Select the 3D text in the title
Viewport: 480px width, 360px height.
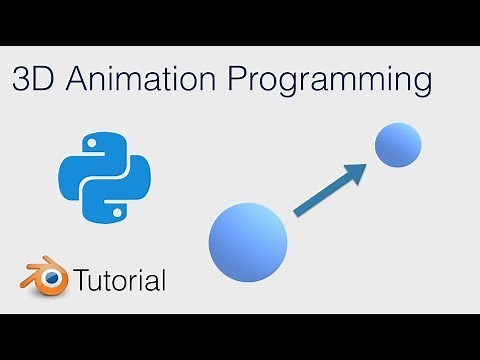[x=33, y=80]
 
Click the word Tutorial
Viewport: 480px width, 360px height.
[x=119, y=280]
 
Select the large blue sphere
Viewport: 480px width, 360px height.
[x=247, y=241]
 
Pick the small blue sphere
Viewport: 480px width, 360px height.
[x=397, y=146]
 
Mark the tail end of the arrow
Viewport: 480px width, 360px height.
[x=296, y=212]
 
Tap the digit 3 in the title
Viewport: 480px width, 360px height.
[x=23, y=80]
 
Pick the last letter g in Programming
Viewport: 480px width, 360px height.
[x=423, y=85]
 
